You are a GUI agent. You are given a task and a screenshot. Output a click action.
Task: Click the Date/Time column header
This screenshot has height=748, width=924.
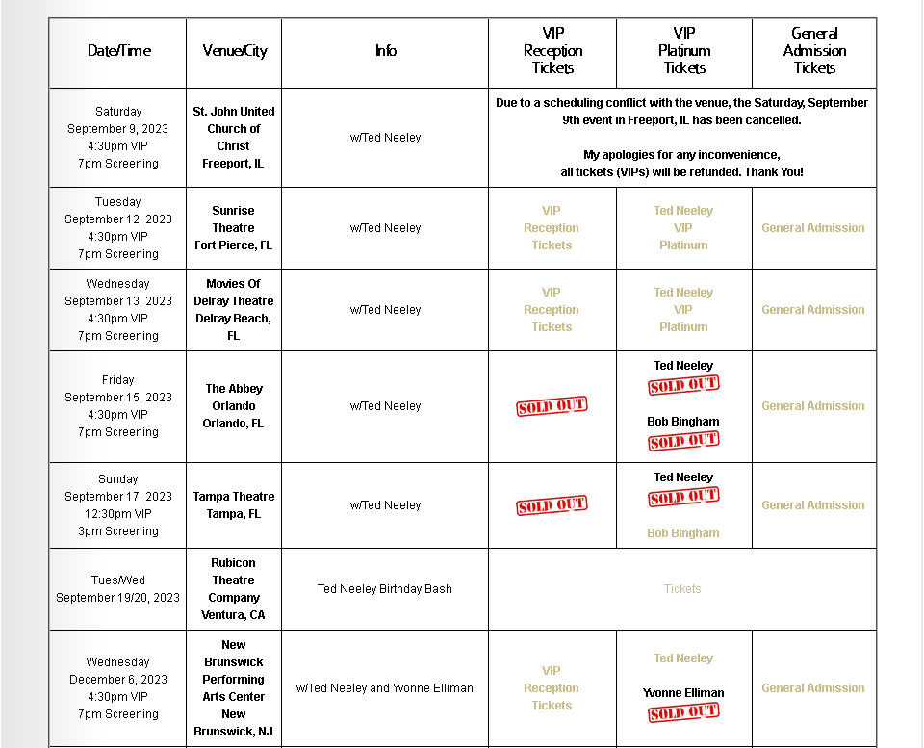118,51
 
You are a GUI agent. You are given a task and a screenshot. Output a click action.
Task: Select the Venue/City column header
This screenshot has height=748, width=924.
234,51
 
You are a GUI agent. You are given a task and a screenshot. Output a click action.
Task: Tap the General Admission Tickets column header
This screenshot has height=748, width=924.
814,51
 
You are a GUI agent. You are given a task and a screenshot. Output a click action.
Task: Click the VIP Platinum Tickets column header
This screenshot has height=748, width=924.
684,51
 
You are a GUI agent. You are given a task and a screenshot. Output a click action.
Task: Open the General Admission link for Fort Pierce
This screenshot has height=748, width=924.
813,228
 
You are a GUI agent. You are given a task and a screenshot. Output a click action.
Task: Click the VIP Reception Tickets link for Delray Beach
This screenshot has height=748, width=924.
552,310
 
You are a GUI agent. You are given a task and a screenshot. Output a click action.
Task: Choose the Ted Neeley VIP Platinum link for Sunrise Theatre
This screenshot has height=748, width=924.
683,228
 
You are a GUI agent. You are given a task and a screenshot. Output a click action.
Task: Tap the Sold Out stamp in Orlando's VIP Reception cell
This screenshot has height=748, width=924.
552,406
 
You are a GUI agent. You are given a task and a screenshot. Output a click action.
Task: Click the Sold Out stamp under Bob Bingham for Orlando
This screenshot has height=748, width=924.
683,441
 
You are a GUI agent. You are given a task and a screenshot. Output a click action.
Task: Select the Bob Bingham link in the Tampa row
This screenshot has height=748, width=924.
683,533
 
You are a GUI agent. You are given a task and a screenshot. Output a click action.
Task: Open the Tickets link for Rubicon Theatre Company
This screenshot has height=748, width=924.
682,589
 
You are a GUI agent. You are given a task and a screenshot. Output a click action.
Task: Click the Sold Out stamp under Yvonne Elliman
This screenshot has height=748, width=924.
683,712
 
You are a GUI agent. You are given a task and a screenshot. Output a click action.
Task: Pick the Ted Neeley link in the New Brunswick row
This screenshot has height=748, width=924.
683,658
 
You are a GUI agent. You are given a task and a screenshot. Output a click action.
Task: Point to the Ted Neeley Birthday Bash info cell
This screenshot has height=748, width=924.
385,589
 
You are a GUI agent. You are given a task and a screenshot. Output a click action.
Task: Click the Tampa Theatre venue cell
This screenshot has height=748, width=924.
234,505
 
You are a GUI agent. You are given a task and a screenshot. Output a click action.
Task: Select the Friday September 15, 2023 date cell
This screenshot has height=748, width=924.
118,406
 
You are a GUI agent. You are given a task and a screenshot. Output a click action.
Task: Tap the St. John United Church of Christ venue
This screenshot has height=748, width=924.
234,138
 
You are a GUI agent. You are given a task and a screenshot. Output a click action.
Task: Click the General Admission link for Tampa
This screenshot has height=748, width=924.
813,505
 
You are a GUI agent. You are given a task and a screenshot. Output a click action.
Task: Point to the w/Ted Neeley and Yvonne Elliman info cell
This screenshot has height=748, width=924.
385,688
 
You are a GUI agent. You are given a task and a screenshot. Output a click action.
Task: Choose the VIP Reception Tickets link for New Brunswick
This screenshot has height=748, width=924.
552,688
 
